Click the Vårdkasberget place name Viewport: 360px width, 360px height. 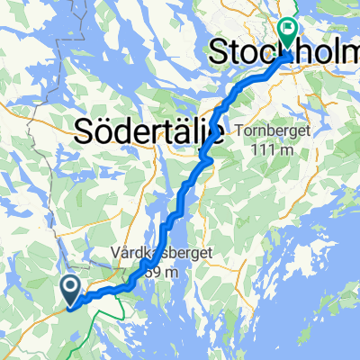(162, 254)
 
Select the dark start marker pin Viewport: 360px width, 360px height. (72, 290)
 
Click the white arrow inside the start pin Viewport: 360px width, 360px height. (72, 286)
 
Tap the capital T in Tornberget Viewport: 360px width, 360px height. (237, 131)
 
